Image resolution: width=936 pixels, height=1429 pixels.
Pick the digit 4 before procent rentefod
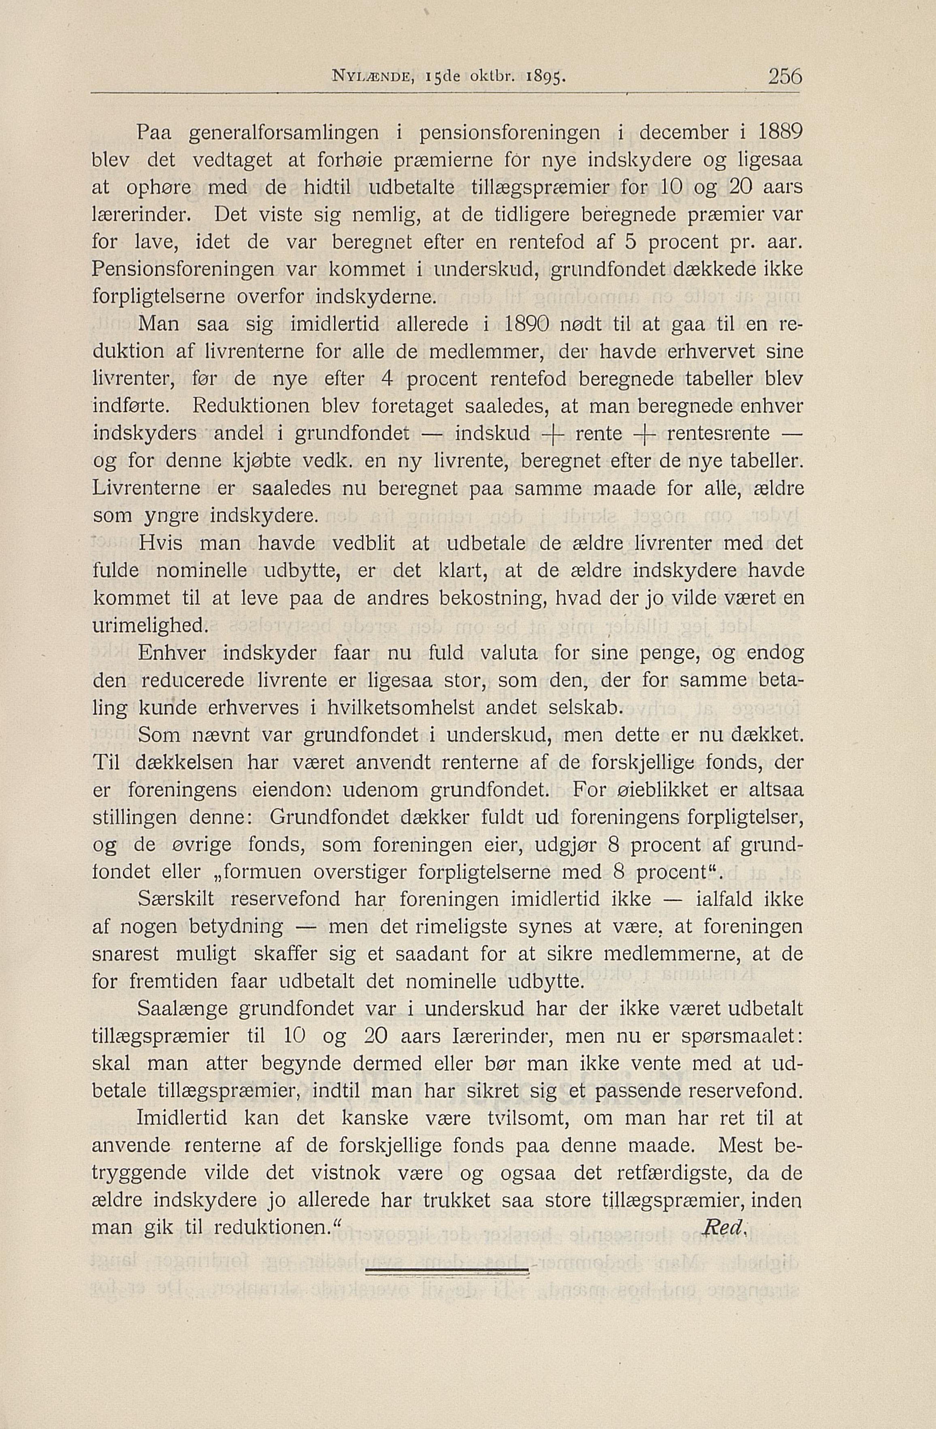[387, 379]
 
